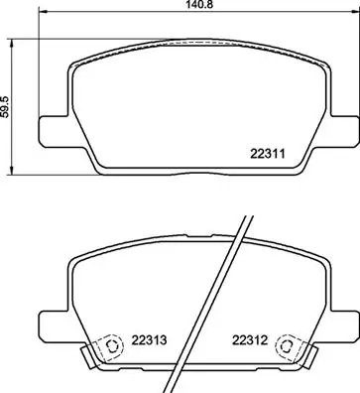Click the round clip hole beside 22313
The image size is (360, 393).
[110, 347]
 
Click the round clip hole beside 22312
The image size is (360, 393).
[288, 347]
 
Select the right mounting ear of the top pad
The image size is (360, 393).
[345, 128]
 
